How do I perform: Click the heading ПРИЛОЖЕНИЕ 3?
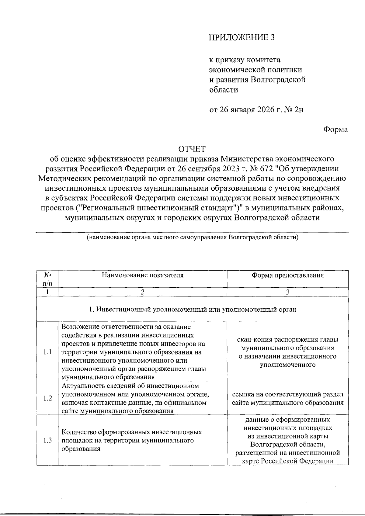pos(241,37)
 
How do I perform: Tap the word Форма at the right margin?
pos(335,130)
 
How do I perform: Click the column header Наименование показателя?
pos(142,275)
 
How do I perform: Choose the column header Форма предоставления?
pos(287,275)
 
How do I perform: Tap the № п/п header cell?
pos(47,279)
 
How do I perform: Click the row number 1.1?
pos(47,352)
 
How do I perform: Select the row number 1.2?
pos(47,398)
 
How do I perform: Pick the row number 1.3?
pos(47,440)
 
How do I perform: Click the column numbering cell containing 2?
pos(142,292)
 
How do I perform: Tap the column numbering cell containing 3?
pos(287,292)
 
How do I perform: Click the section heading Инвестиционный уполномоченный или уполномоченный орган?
pos(192,310)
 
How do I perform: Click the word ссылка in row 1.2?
pos(243,394)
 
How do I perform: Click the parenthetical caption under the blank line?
pos(192,237)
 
